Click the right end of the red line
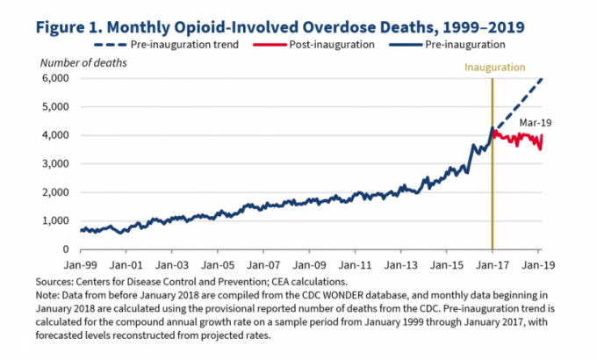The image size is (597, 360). (542, 134)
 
